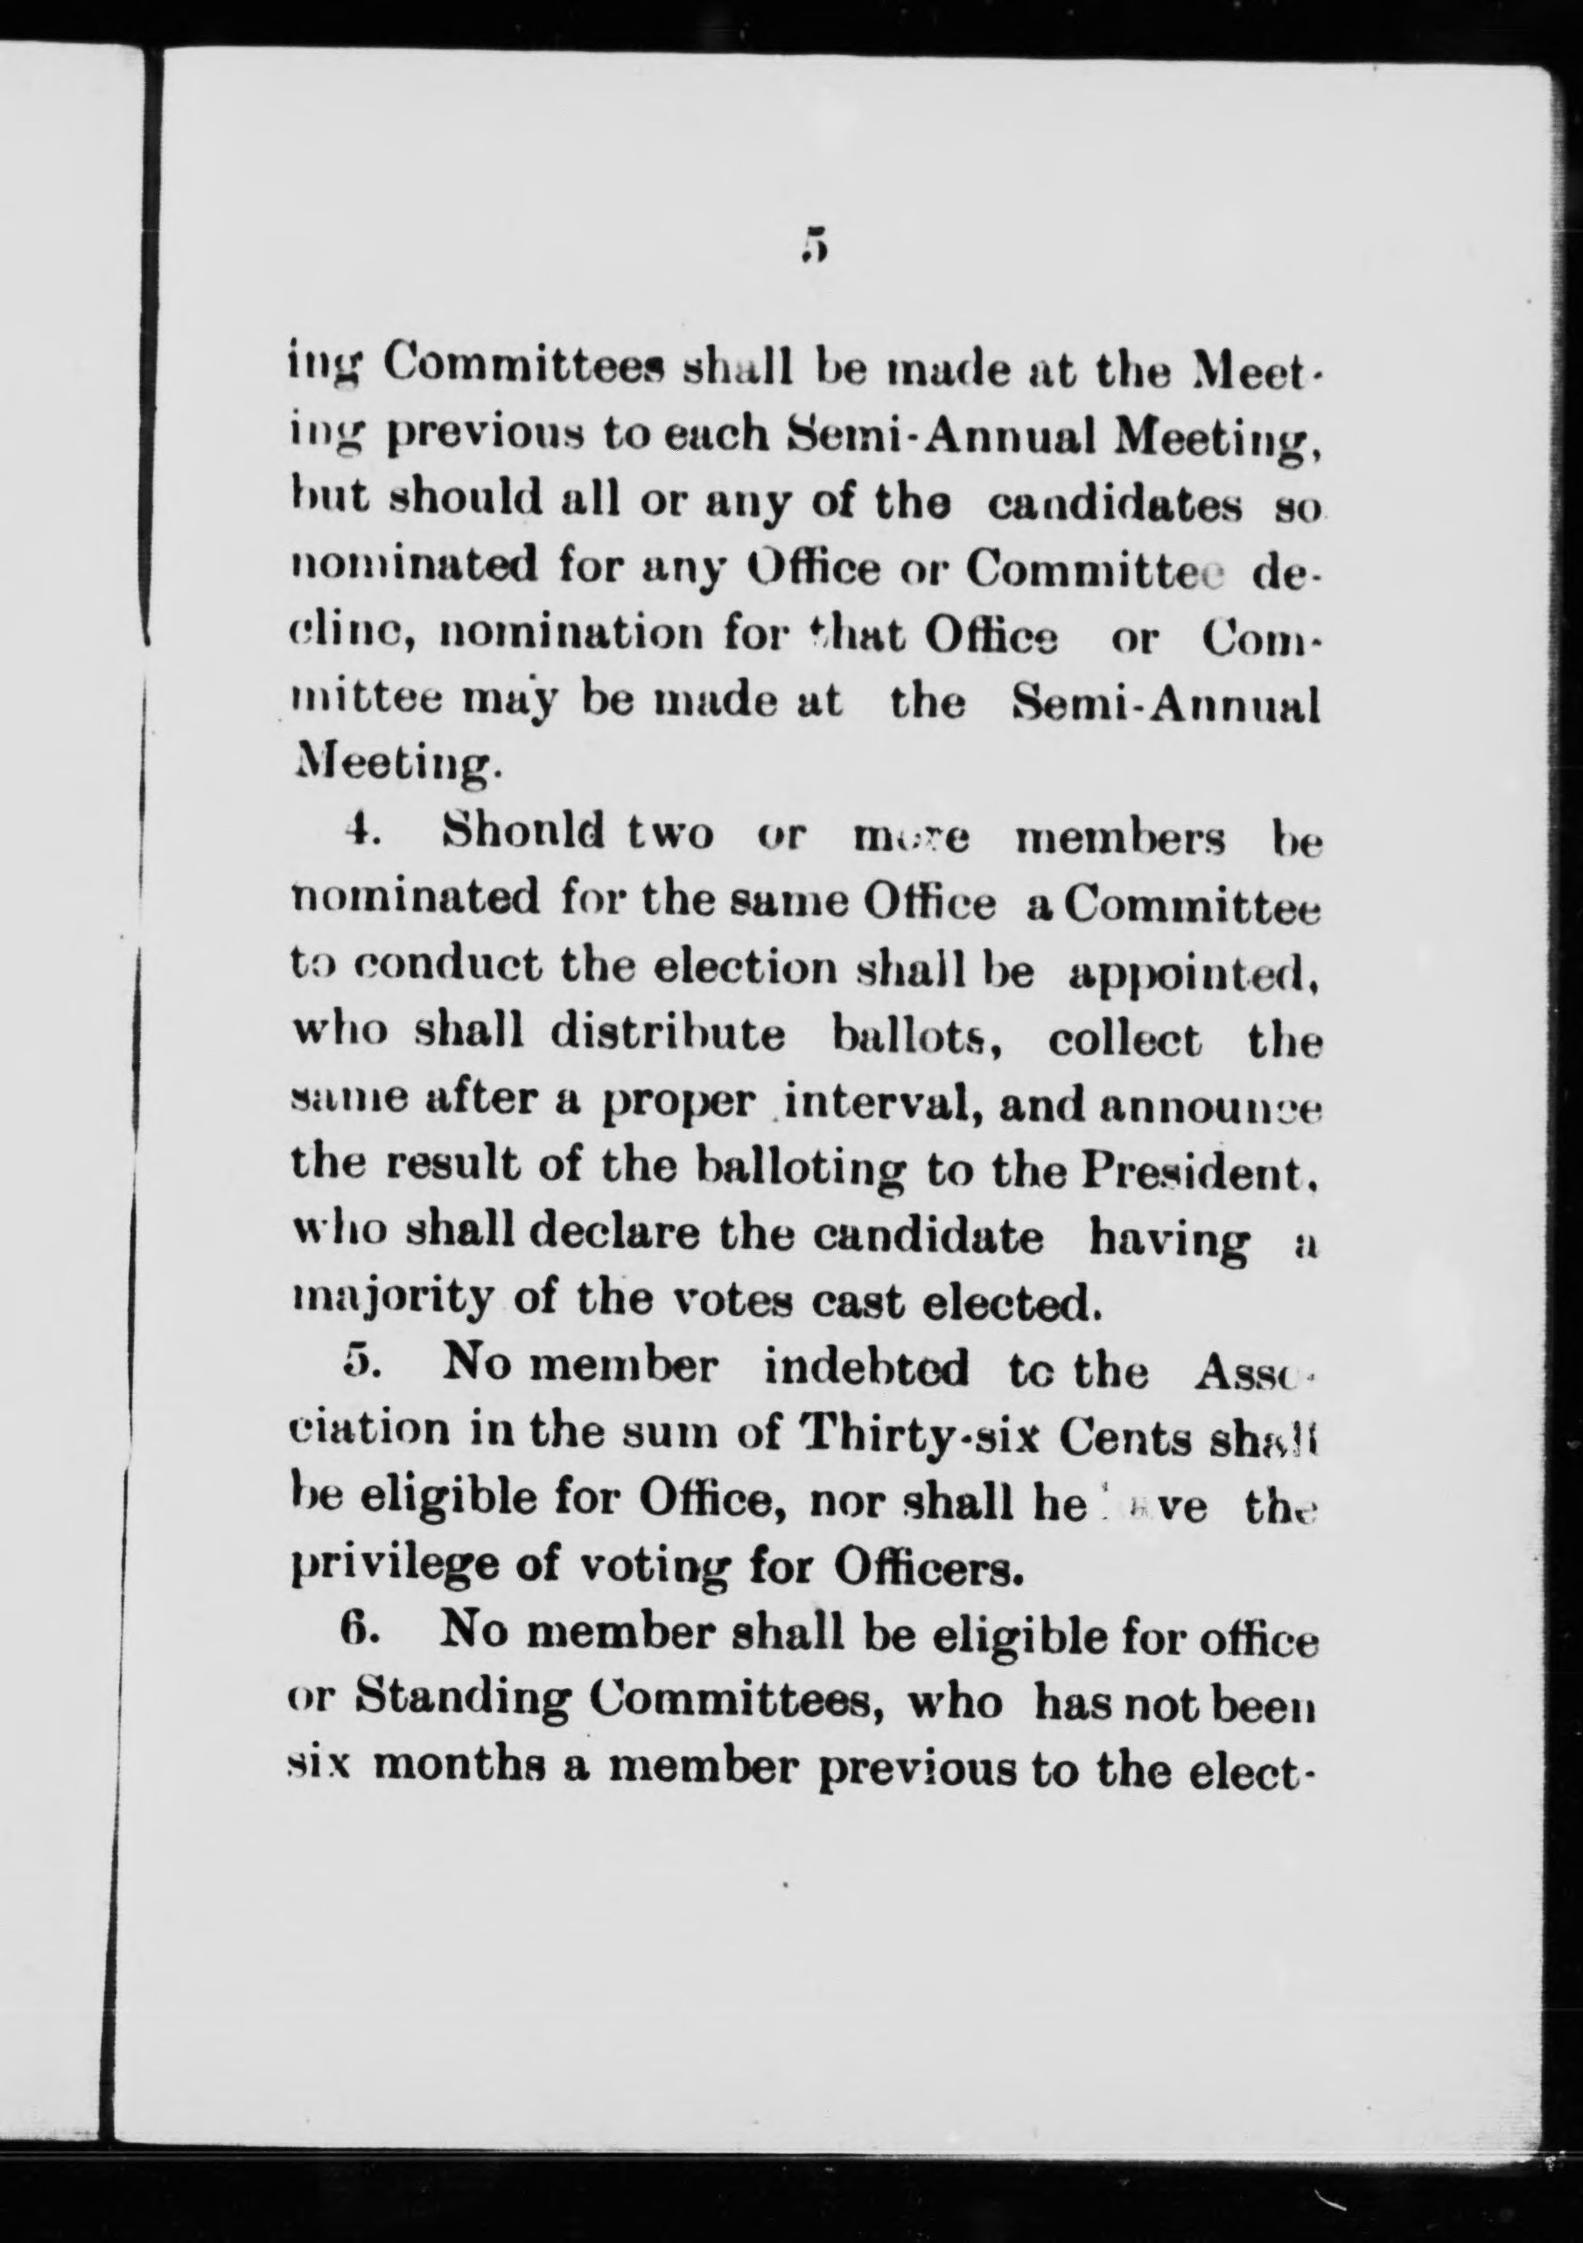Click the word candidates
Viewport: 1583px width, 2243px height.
1114,506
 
